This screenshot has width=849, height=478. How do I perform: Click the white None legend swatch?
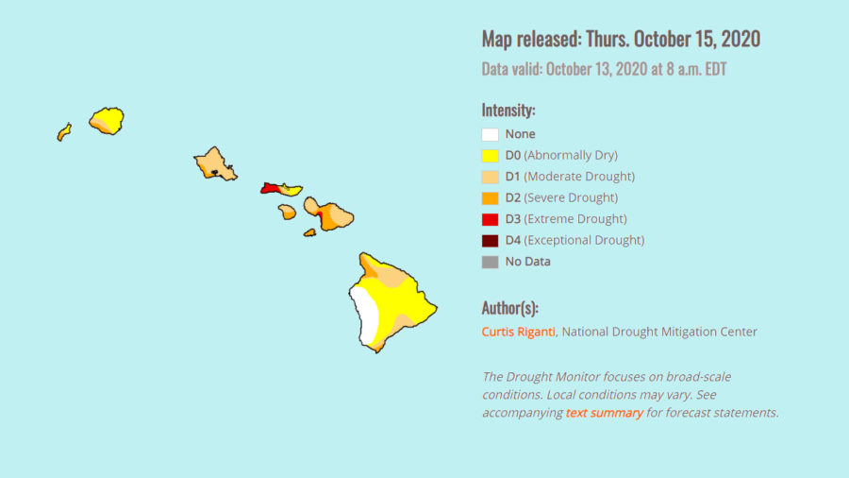click(x=490, y=134)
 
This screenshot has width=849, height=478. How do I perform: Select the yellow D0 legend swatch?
click(x=490, y=155)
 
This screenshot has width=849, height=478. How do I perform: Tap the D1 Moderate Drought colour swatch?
click(x=490, y=177)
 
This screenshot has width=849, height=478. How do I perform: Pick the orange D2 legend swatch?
click(x=490, y=197)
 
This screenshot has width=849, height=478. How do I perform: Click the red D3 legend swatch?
click(x=490, y=219)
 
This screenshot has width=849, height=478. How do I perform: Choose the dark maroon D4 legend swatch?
click(x=490, y=240)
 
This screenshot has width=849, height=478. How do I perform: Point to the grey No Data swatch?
click(x=490, y=262)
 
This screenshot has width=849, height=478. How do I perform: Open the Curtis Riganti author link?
click(x=518, y=332)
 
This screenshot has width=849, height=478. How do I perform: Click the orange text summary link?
click(x=604, y=413)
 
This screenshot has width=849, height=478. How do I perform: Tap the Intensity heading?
click(x=508, y=110)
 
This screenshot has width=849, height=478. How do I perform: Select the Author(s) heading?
click(x=509, y=308)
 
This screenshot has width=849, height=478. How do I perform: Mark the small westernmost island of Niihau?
click(x=64, y=131)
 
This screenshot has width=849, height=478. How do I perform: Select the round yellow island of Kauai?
click(x=107, y=120)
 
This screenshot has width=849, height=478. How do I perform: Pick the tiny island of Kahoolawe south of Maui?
click(x=309, y=231)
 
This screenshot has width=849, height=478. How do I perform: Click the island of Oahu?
click(x=214, y=163)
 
